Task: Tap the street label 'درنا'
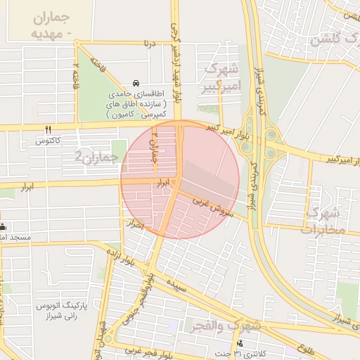pyautogui.click(x=148, y=44)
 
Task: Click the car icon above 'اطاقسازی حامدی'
pyautogui.click(x=135, y=83)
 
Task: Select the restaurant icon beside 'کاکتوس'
pyautogui.click(x=48, y=129)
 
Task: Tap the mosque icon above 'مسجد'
pyautogui.click(x=3, y=226)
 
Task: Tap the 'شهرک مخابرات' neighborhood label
pyautogui.click(x=323, y=219)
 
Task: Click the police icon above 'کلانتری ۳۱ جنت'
pyautogui.click(x=240, y=343)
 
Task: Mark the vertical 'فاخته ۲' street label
pyautogui.click(x=75, y=75)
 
